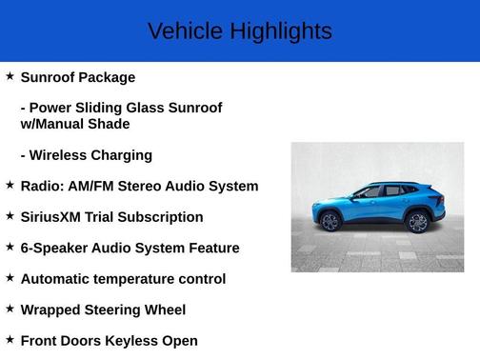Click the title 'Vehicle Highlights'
point(239,31)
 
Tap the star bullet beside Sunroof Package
point(10,75)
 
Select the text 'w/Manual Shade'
point(75,124)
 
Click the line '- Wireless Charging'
point(86,155)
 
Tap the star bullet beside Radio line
point(10,184)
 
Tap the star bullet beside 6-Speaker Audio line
point(10,246)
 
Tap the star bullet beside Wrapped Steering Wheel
point(10,308)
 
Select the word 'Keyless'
point(132,340)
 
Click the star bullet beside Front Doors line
point(10,338)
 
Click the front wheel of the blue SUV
point(330,222)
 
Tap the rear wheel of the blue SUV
point(417,222)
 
